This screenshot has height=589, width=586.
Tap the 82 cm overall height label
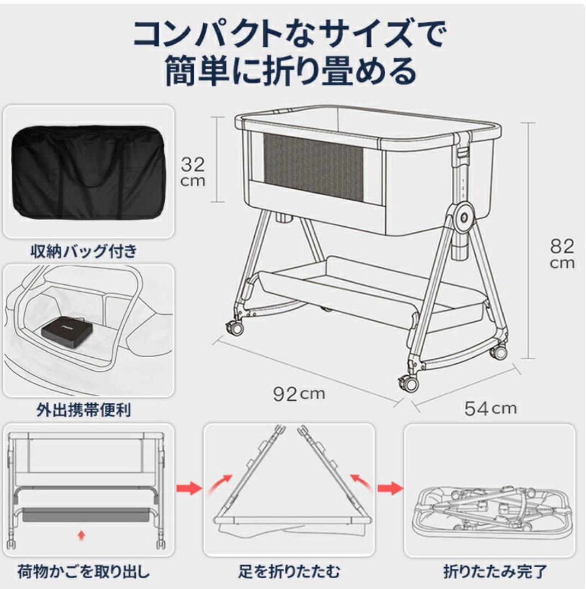[x=561, y=254]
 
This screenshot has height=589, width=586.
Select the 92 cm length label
[x=298, y=394]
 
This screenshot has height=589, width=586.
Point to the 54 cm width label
[x=490, y=408]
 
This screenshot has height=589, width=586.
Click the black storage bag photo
[x=88, y=171]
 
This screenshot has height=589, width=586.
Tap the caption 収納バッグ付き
[x=83, y=251]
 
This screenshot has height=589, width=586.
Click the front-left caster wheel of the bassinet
[x=235, y=327]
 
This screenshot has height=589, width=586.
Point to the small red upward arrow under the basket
[x=81, y=536]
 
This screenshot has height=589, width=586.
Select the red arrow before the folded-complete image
[x=389, y=487]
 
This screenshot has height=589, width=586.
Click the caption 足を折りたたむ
[x=289, y=572]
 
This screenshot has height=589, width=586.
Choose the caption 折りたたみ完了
[x=495, y=572]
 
